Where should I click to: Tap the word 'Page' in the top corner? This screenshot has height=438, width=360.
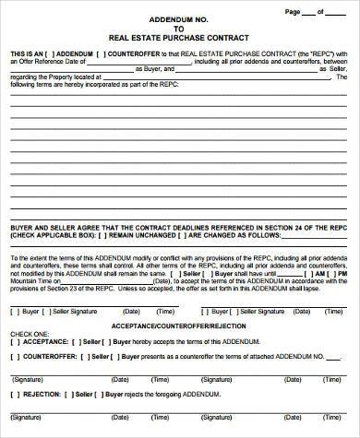(x=294, y=11)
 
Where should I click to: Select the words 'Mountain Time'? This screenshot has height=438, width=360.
(x=30, y=281)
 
